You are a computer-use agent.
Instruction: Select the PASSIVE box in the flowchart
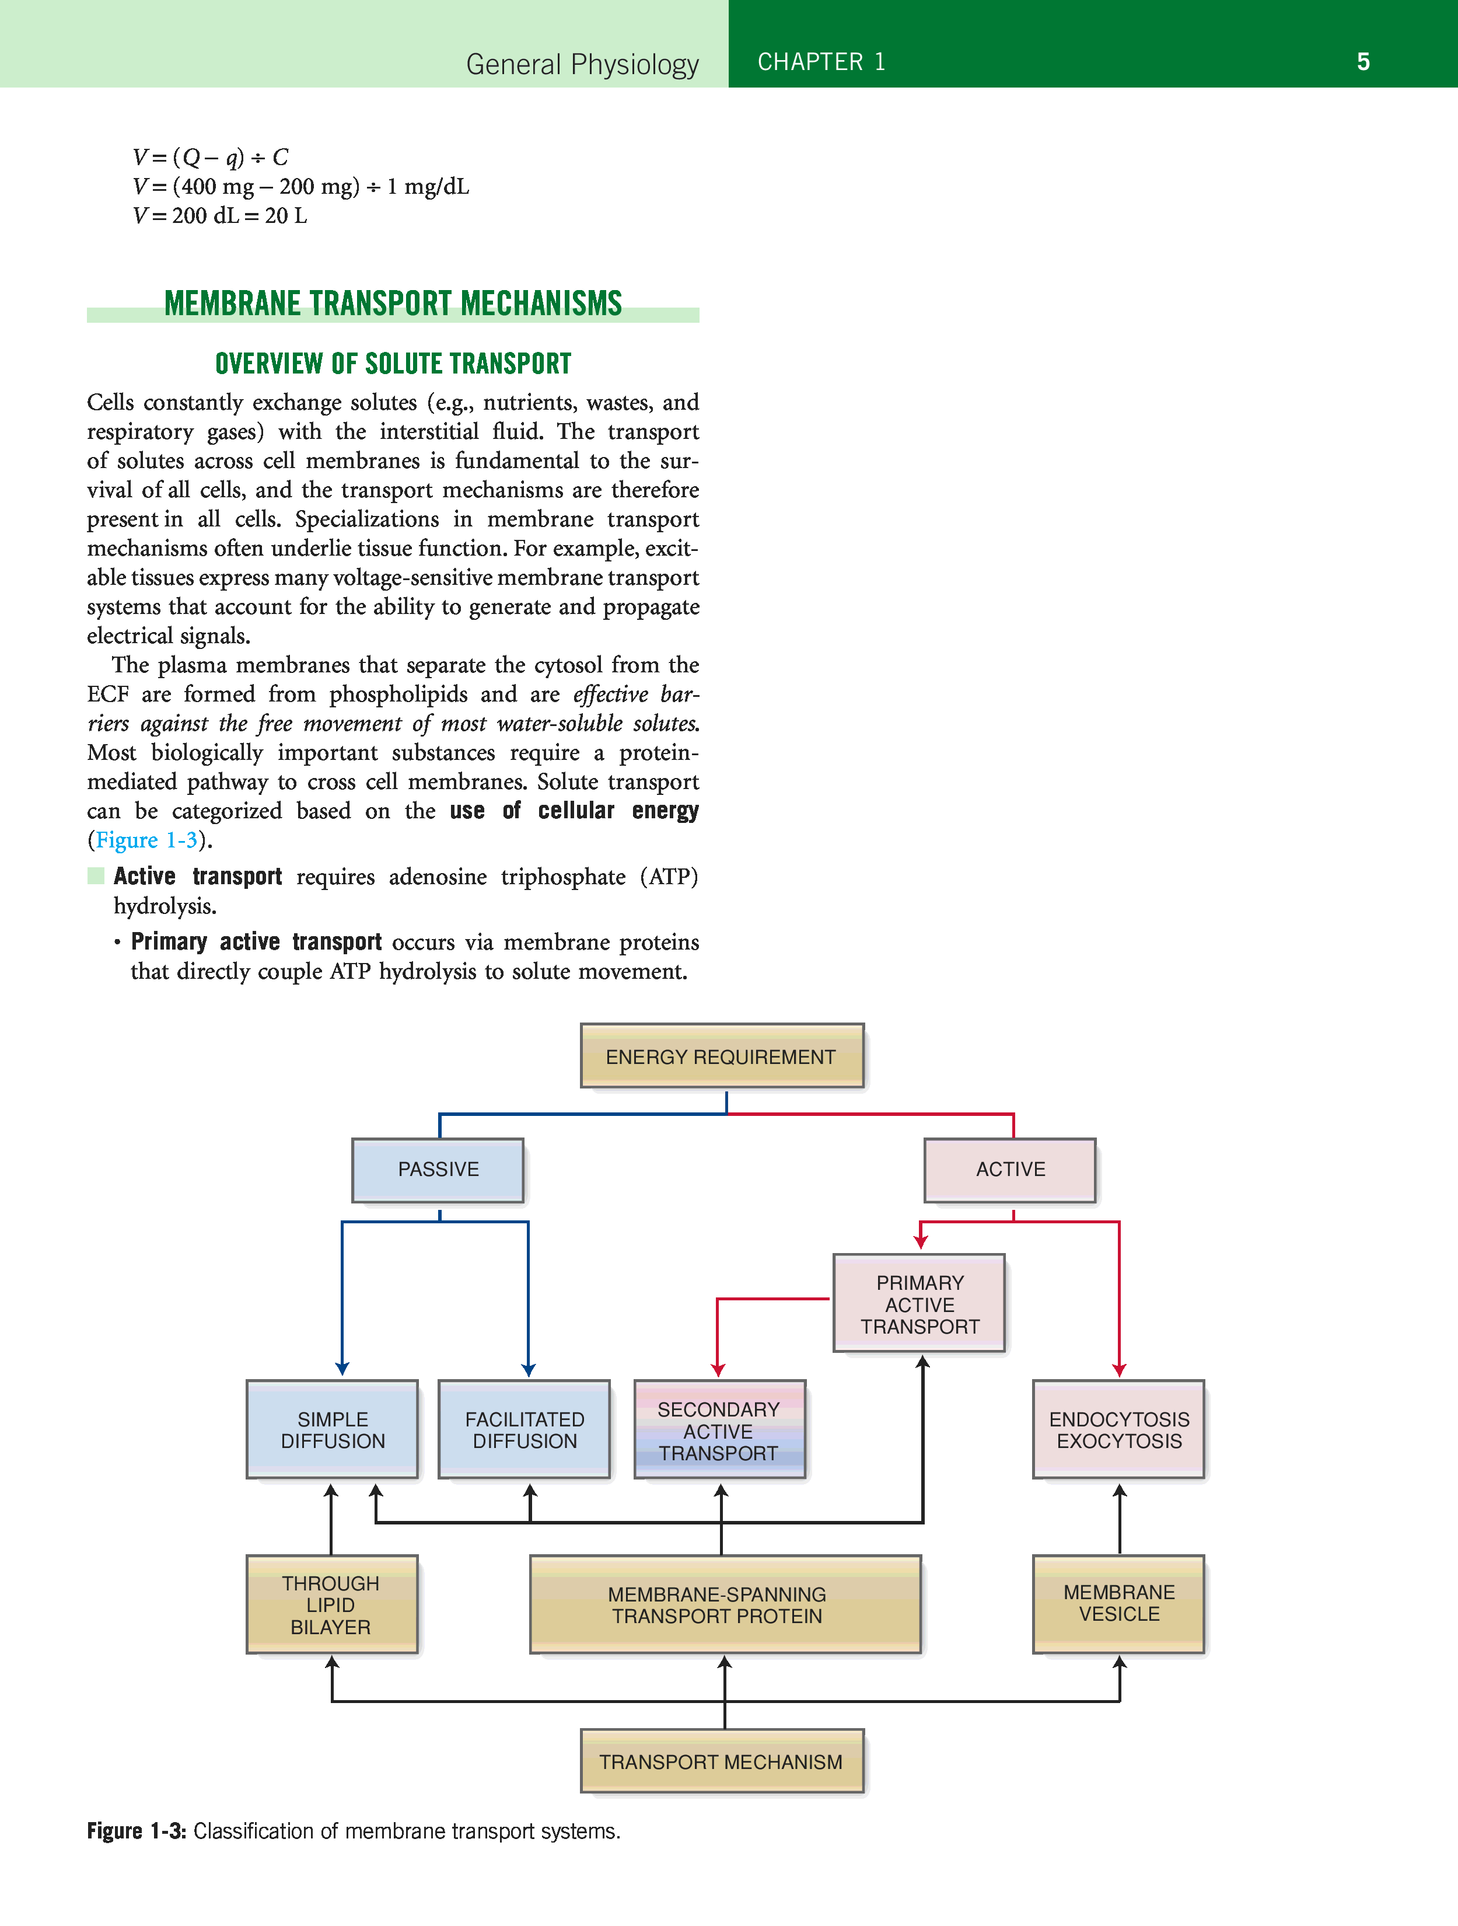click(438, 1170)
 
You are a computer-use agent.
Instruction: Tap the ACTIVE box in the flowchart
click(1010, 1170)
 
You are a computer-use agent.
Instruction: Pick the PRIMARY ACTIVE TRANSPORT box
click(919, 1303)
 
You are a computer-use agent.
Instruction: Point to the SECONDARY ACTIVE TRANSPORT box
click(719, 1430)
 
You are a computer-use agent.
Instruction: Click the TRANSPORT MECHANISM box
click(722, 1761)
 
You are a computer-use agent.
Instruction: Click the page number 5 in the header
click(1363, 62)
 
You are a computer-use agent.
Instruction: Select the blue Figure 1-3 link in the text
click(146, 840)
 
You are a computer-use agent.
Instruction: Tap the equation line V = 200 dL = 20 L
click(220, 216)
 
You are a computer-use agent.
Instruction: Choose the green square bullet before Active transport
click(96, 876)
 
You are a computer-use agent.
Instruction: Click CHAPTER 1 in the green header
click(821, 62)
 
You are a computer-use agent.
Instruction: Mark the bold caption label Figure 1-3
click(137, 1831)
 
